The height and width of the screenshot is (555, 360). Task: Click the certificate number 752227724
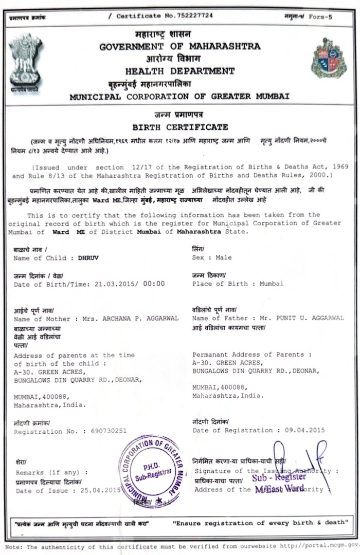[180, 16]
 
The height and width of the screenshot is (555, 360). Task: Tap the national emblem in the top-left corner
[25, 61]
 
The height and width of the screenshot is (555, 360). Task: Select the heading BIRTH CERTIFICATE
[180, 127]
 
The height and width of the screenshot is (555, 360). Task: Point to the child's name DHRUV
[87, 258]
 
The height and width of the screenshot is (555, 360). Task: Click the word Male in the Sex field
[224, 257]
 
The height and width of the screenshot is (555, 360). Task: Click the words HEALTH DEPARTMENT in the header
[180, 71]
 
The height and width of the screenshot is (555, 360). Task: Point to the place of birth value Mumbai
[271, 284]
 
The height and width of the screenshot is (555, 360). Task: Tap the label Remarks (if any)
[51, 472]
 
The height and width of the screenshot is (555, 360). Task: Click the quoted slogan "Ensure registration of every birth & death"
[259, 523]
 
